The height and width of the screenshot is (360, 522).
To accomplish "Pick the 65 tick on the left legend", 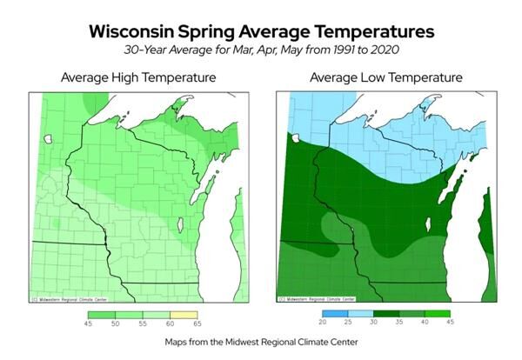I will click(x=197, y=323).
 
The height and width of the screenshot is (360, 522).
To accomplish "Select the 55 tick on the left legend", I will click(x=143, y=323).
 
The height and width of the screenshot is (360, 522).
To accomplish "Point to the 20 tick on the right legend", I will click(x=322, y=323).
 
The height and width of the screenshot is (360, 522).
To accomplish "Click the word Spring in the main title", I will click(x=231, y=31).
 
